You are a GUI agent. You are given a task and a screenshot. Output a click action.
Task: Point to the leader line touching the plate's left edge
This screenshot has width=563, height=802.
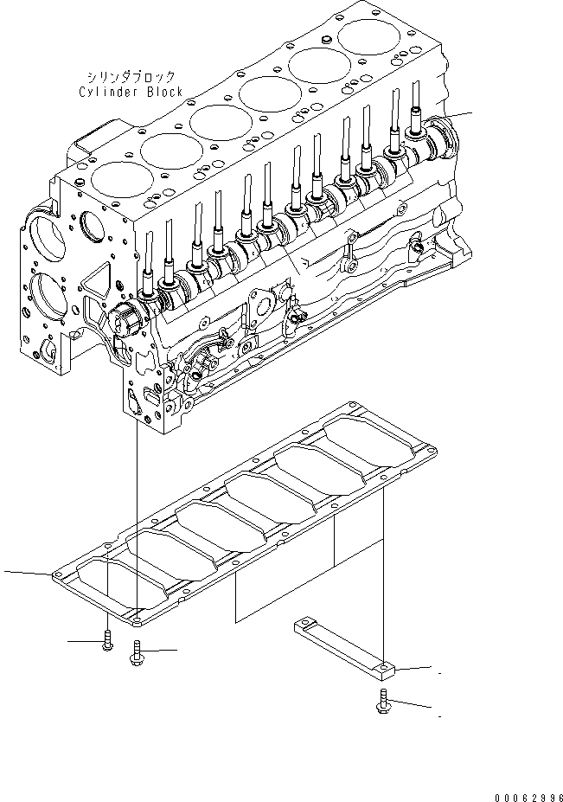(26, 573)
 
